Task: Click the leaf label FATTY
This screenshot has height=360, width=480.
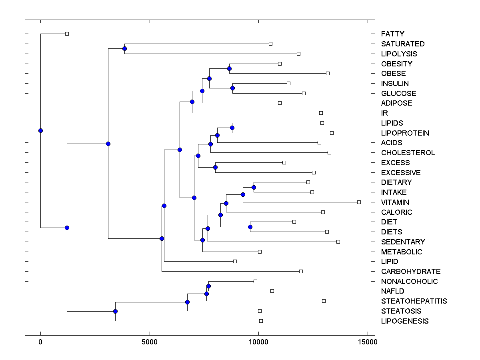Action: pos(392,34)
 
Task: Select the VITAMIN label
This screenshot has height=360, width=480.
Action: pos(395,202)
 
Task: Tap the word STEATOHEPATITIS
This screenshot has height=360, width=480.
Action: pos(414,301)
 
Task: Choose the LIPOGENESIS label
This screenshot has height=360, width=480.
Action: pos(405,321)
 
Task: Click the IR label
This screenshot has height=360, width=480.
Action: pos(384,113)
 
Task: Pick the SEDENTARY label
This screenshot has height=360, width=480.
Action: pos(403,242)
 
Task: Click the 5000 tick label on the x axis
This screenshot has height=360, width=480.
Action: pos(150,342)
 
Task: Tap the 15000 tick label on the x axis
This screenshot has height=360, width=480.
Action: pos(368,342)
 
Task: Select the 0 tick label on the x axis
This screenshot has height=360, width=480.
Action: pos(40,342)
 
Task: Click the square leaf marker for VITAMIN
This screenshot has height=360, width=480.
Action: pos(359,202)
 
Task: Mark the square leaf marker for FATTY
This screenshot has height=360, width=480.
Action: pos(67,34)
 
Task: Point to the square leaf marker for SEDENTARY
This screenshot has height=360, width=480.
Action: pos(338,242)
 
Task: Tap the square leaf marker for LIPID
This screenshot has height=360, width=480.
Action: pos(235,261)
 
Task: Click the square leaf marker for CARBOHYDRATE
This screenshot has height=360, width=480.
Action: pos(301,271)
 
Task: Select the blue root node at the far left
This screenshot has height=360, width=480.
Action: pos(40,130)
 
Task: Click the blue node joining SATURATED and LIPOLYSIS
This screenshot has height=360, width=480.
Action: pos(124,48)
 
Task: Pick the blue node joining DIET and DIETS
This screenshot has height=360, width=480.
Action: pos(250,227)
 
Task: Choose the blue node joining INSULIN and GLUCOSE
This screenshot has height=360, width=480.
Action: pos(232,88)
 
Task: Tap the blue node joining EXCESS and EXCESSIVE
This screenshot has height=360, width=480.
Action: pos(215,167)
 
